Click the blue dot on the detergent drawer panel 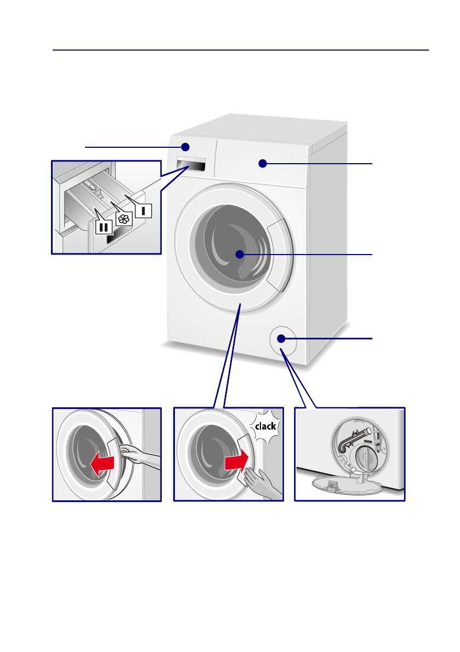[x=185, y=147]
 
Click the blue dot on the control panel [x=263, y=163]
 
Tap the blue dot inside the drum [x=240, y=254]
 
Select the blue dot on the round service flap [x=281, y=339]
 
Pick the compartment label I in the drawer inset [x=144, y=210]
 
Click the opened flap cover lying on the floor [x=334, y=482]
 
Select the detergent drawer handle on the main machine [x=191, y=166]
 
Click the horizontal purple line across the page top [x=241, y=50]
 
